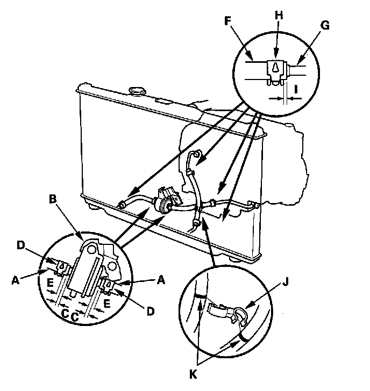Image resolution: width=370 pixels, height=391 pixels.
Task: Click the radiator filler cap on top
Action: [137, 89]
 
